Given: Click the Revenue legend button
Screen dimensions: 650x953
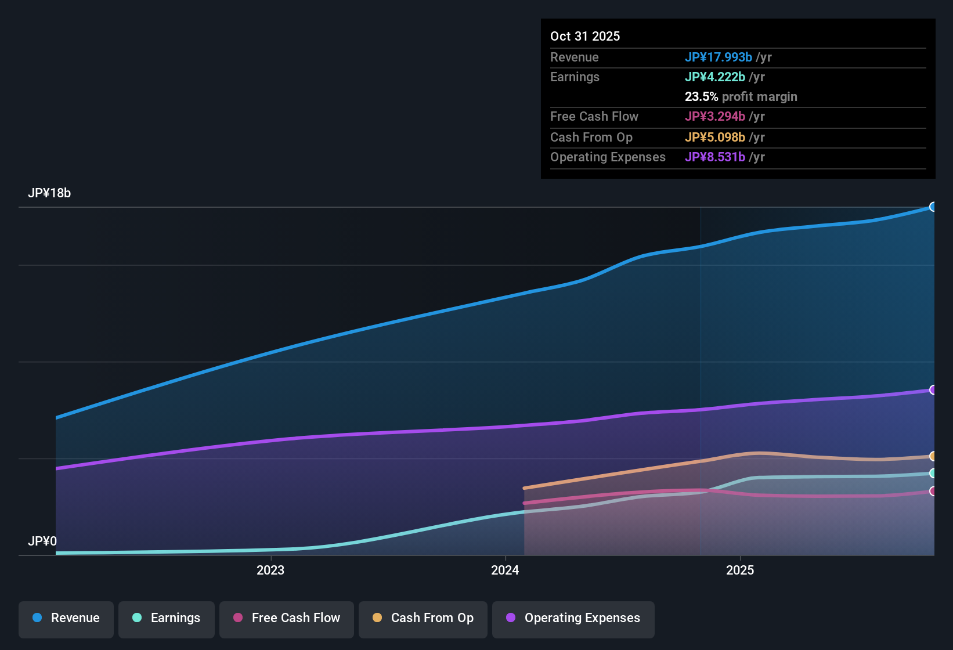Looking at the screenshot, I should click(x=66, y=618).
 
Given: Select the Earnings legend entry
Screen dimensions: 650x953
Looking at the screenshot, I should click(x=167, y=618).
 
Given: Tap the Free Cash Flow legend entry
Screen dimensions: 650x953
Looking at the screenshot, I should click(x=287, y=618).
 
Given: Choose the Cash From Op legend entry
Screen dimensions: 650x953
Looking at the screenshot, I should click(x=423, y=618).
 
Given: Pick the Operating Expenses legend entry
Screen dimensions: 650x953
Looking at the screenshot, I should click(x=573, y=618).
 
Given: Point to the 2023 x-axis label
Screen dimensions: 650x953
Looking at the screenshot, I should click(x=270, y=570).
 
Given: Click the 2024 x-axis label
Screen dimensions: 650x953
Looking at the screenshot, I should click(x=505, y=570).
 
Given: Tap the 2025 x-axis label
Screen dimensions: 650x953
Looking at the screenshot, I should click(x=740, y=570).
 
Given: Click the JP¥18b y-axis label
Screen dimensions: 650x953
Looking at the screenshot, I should click(x=49, y=193).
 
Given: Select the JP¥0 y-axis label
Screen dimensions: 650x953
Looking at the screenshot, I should click(x=42, y=541).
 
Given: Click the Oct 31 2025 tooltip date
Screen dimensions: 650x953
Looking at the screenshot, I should click(x=585, y=36).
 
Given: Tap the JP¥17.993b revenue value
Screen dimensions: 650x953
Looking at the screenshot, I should click(x=718, y=57).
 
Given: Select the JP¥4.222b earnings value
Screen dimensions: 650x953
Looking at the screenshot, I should click(x=714, y=77).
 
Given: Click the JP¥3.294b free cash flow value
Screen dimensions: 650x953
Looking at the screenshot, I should click(x=714, y=116).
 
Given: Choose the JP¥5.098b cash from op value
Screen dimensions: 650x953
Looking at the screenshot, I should click(x=714, y=137).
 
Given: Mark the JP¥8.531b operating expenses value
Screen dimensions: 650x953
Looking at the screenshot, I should click(x=714, y=157).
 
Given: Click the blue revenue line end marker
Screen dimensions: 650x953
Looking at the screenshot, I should click(x=933, y=207).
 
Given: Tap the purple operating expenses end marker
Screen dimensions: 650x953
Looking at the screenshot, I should click(x=933, y=390).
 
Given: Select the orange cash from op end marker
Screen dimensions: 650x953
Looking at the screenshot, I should click(x=933, y=456).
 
